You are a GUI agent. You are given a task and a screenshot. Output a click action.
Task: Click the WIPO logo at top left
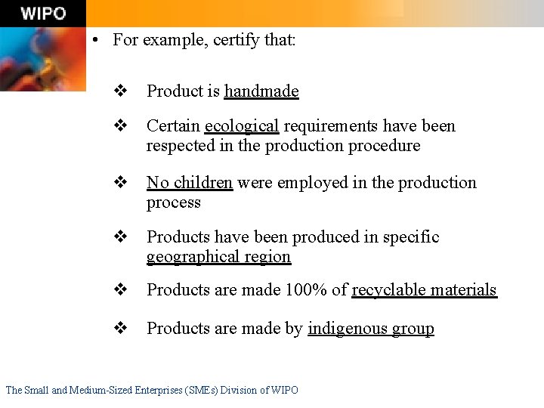coord(43,14)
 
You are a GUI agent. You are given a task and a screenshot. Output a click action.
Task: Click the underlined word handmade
coord(261,91)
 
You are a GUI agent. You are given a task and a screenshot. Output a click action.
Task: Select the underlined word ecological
coord(242,126)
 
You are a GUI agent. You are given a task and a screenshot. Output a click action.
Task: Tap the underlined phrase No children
coord(190,183)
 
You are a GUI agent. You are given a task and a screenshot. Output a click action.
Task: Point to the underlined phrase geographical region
coord(218,257)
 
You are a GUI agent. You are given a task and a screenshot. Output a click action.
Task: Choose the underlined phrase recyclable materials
coord(424,290)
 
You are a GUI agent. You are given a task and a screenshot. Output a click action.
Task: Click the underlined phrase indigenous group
coord(370,329)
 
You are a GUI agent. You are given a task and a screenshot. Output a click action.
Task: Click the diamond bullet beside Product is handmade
coord(119,91)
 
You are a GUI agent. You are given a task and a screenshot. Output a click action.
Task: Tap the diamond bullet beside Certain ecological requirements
coord(119,126)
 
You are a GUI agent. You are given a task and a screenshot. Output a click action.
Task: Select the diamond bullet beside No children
coord(119,183)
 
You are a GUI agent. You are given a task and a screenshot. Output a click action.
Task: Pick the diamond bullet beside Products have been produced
coord(119,237)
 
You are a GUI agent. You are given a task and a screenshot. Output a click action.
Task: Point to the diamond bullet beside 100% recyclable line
coord(119,290)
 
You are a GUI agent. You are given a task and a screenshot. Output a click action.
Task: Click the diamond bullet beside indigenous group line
coord(119,329)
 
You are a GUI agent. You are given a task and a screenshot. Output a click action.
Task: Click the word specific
coord(411,237)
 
